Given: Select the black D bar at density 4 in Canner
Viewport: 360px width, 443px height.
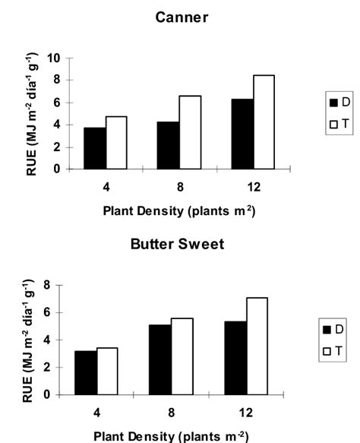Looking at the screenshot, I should click(x=94, y=148).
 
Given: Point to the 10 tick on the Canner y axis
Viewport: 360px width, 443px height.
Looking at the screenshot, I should click(x=56, y=58).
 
